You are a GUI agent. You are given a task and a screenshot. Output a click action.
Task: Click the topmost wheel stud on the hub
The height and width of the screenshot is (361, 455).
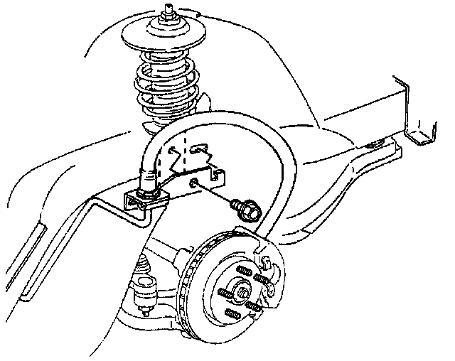click(244, 271)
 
